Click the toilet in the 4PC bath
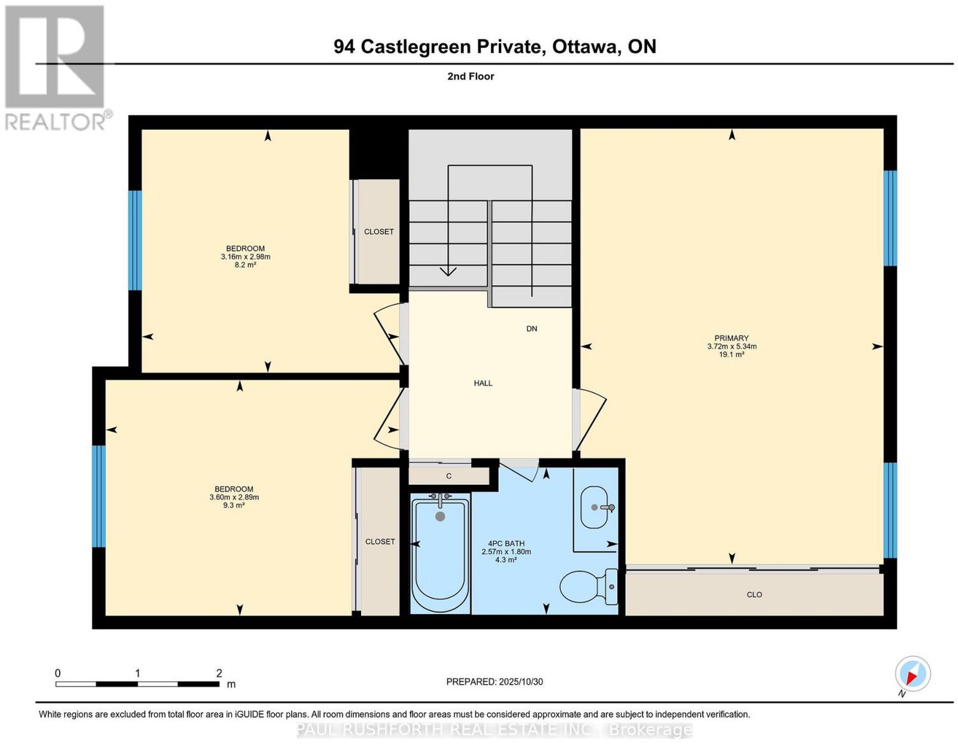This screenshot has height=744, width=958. click(x=589, y=587)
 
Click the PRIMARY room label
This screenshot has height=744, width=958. click(x=732, y=338)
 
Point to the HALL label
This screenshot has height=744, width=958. click(x=483, y=383)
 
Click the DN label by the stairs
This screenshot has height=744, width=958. click(x=532, y=329)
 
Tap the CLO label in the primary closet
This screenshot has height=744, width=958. click(x=754, y=595)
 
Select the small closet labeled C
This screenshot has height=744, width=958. click(x=449, y=476)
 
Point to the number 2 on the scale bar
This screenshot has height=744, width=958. click(x=219, y=673)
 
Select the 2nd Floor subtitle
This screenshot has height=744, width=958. click(x=471, y=76)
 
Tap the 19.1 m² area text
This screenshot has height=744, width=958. click(x=732, y=354)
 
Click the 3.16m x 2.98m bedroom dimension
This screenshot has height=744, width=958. click(x=245, y=256)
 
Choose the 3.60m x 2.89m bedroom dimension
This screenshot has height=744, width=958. click(x=234, y=497)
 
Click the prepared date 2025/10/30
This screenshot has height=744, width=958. click(x=521, y=682)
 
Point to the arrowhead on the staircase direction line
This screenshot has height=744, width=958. click(x=448, y=271)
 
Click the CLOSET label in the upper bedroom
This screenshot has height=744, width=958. click(x=378, y=232)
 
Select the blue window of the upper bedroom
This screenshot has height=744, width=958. click(x=135, y=241)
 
